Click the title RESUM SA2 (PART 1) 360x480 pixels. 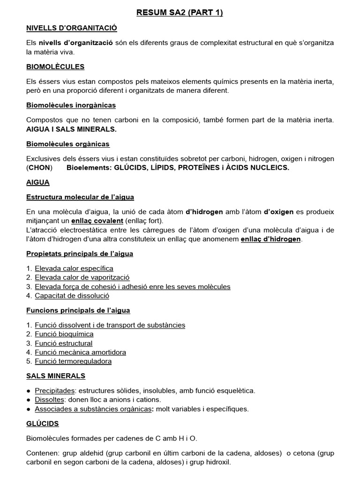(180, 13)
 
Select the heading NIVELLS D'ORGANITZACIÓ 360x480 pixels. (71, 29)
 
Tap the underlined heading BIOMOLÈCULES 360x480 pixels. (55, 67)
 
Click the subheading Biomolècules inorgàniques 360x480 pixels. (71, 105)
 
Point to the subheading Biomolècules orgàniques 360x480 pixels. (67, 144)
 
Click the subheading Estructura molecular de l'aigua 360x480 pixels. (80, 197)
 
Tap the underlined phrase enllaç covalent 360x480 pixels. (97, 221)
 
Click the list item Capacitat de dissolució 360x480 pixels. (72, 296)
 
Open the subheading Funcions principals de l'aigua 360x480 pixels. (78, 310)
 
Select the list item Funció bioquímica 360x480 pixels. (64, 334)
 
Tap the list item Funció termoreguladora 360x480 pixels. (73, 361)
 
